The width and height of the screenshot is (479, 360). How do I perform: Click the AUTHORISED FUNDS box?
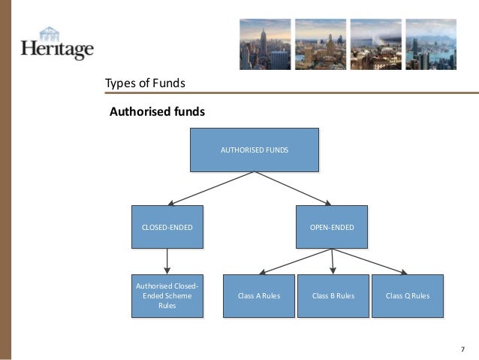click(254, 150)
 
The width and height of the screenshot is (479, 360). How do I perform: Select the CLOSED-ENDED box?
click(167, 226)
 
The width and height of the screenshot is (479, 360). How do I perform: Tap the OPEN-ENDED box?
click(332, 226)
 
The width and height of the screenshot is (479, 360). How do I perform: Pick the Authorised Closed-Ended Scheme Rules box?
click(167, 296)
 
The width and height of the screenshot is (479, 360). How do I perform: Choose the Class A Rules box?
click(259, 296)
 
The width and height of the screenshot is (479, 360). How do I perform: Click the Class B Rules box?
click(333, 296)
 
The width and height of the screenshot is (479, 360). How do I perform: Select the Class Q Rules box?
click(407, 296)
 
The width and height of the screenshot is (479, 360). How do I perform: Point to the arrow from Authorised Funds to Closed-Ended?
click(211, 188)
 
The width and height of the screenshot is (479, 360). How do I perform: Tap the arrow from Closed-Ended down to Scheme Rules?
click(167, 261)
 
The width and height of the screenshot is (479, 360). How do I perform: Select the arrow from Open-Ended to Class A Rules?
click(295, 261)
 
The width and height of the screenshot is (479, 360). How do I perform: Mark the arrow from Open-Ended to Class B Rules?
click(333, 261)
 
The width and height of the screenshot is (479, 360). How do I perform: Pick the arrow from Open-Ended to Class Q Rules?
click(369, 261)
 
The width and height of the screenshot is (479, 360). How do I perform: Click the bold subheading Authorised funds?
click(157, 112)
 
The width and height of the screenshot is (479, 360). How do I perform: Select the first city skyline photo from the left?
click(264, 44)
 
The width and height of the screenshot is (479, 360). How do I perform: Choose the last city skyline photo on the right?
click(430, 44)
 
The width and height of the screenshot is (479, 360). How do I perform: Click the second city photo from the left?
click(320, 44)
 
